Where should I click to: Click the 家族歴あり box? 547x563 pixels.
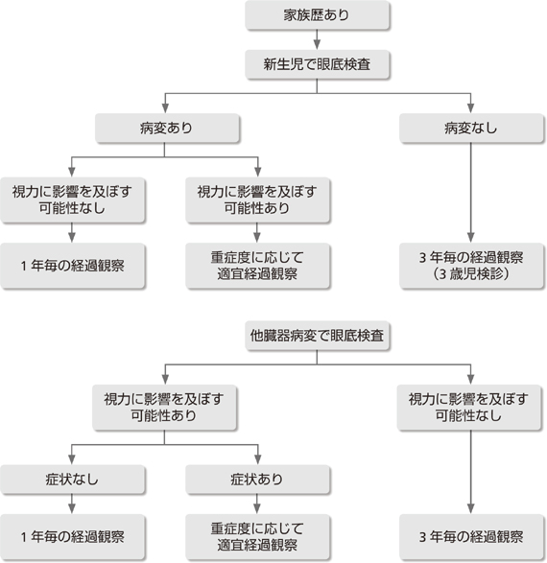tap(317, 15)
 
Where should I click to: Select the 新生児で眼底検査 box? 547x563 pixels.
tap(317, 64)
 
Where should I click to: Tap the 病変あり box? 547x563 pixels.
tap(167, 129)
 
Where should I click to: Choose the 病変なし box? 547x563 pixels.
tap(471, 129)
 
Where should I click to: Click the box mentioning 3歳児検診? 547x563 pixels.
tap(471, 266)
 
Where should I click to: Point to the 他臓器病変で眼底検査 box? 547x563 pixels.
tap(317, 336)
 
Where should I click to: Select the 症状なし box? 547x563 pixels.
tap(72, 480)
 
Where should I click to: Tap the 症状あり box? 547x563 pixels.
tap(257, 480)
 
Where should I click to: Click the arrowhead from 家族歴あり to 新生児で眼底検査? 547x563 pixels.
tap(317, 45)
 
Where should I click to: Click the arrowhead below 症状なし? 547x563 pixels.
tap(72, 508)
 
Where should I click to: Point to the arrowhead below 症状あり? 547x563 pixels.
tap(257, 508)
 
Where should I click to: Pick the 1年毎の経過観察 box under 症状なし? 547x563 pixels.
tap(72, 537)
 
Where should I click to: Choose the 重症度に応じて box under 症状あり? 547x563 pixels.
tap(257, 537)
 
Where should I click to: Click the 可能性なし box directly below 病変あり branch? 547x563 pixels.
tap(72, 200)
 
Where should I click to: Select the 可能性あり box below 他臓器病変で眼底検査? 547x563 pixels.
tap(164, 408)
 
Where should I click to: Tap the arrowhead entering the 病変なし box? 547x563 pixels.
tap(471, 108)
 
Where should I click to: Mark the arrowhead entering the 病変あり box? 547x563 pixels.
tap(165, 108)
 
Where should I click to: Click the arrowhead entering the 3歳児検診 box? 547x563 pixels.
tap(471, 238)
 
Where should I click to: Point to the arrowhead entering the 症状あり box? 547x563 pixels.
tap(258, 459)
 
